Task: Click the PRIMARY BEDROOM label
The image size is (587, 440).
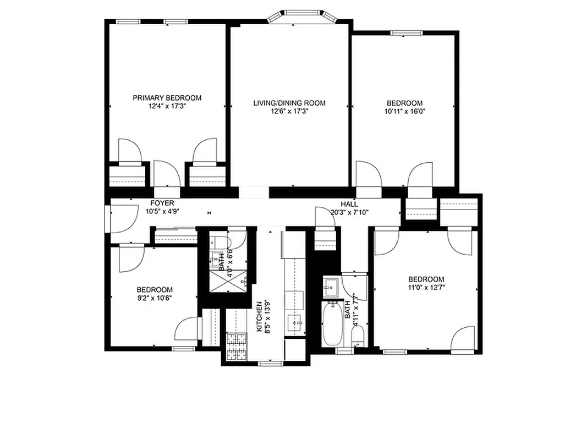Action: point(167,98)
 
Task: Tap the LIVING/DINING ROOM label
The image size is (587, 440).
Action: point(289,103)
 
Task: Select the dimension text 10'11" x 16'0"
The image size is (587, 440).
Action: point(404,111)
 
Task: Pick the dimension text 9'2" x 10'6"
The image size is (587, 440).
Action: point(155,298)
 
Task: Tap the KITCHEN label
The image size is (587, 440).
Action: point(259,316)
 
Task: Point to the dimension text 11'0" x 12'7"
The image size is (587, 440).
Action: point(426,287)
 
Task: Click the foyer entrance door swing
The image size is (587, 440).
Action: point(124,216)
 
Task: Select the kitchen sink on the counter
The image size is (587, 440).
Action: point(295,323)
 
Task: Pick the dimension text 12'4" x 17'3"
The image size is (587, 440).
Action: point(167,106)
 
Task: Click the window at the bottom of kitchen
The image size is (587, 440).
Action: point(269,363)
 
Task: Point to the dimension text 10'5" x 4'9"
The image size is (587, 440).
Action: point(162,211)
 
